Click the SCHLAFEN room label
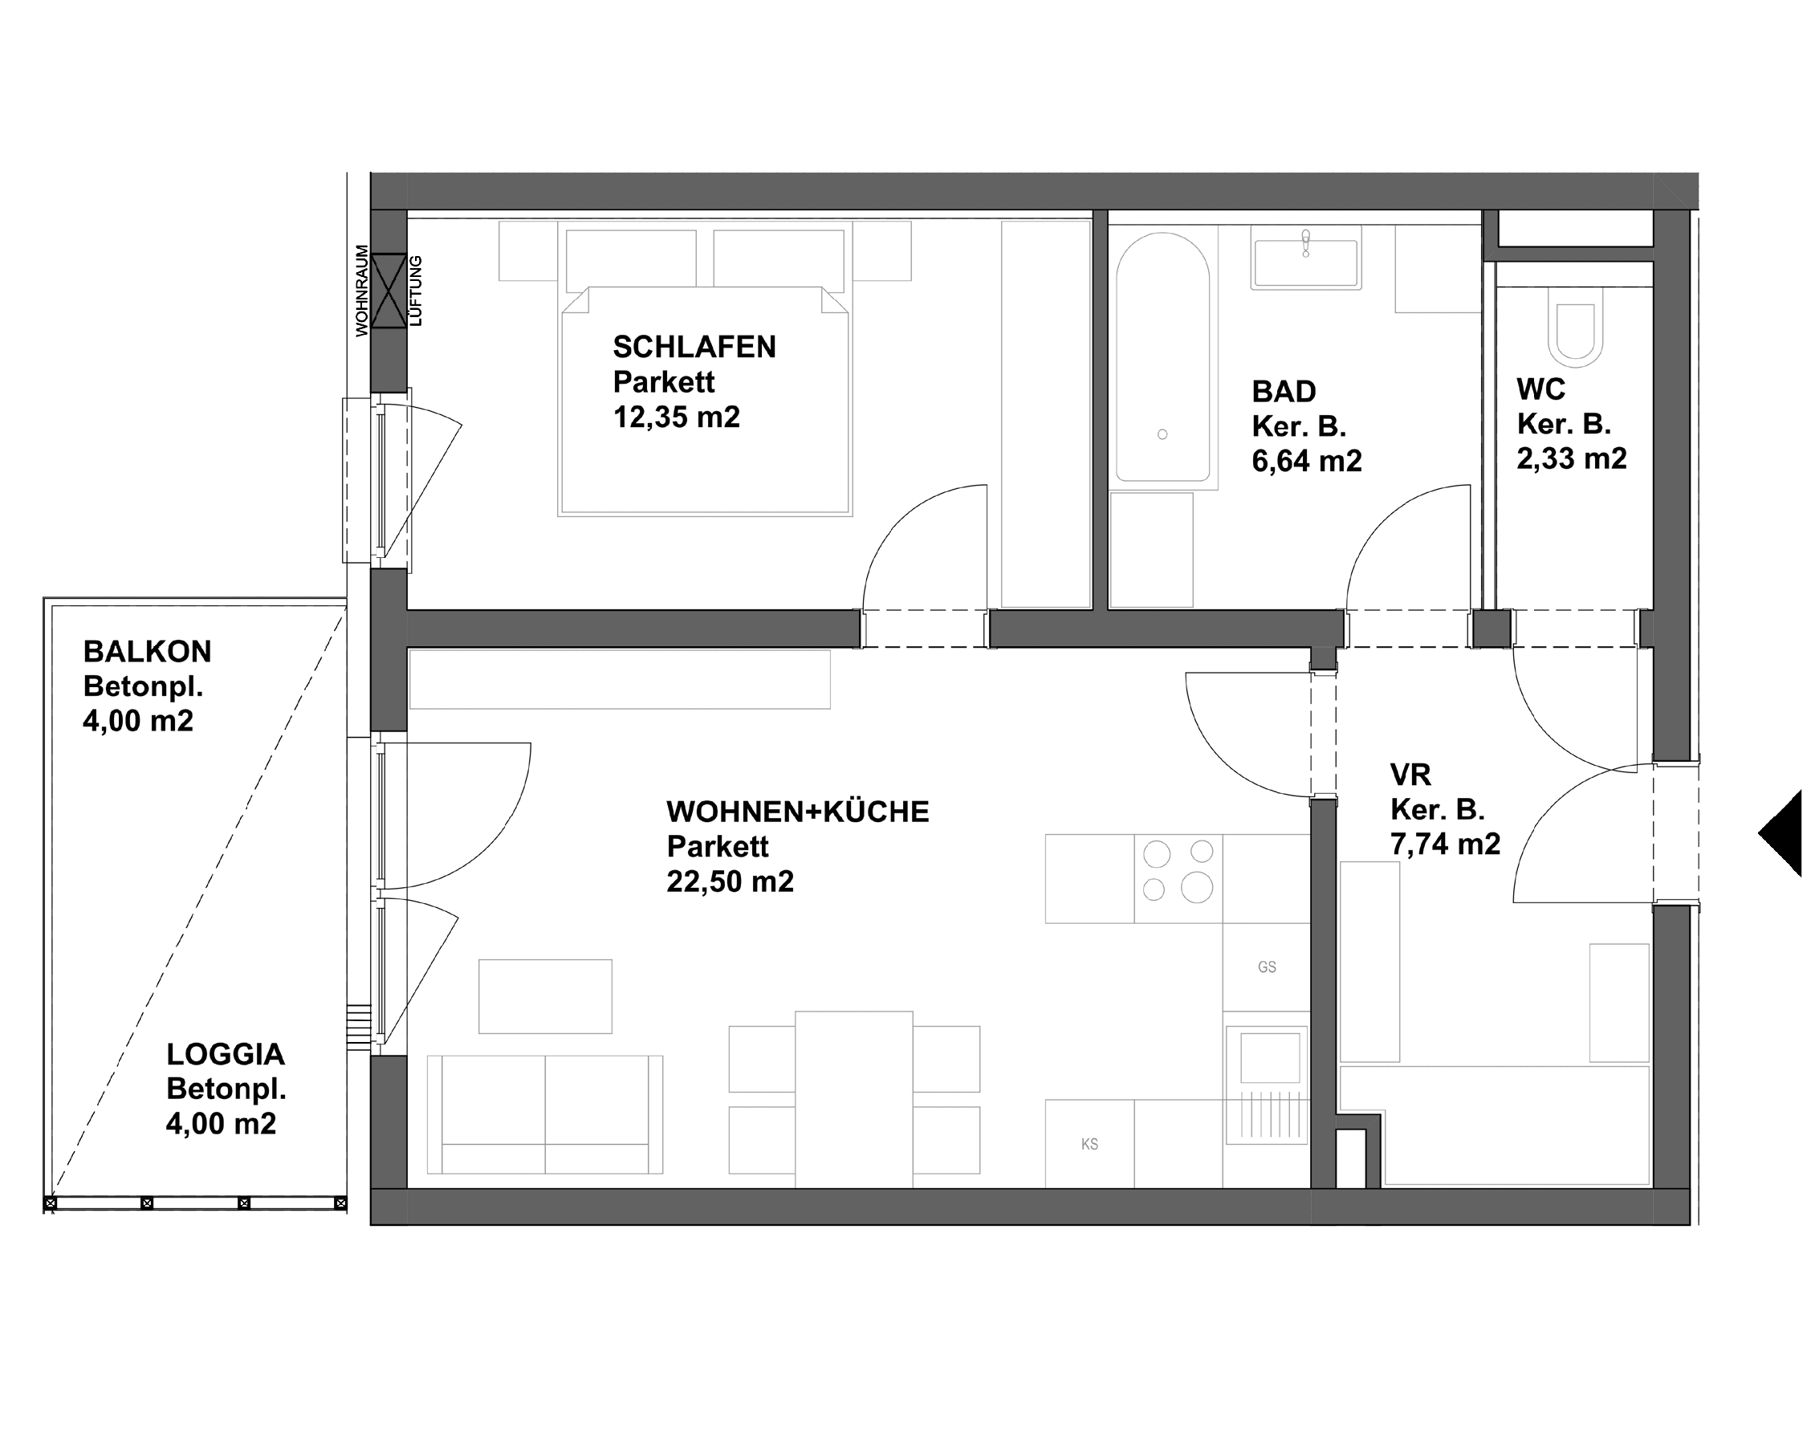pos(694,347)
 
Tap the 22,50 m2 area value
pos(729,881)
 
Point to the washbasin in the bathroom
pos(1305,263)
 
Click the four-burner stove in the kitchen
pos(1178,871)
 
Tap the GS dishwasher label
pos(1267,967)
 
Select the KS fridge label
pos(1089,1144)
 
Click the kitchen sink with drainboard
pos(1266,1085)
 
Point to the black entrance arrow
pos(1784,833)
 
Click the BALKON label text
pos(147,652)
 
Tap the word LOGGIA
pos(225,1054)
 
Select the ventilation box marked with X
pos(388,291)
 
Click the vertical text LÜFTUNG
pos(417,291)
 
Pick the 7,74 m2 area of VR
pos(1445,844)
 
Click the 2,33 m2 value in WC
pos(1571,459)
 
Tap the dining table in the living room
pos(853,1098)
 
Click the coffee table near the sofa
pos(545,996)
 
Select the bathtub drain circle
pos(1162,434)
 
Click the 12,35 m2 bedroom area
pos(676,417)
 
